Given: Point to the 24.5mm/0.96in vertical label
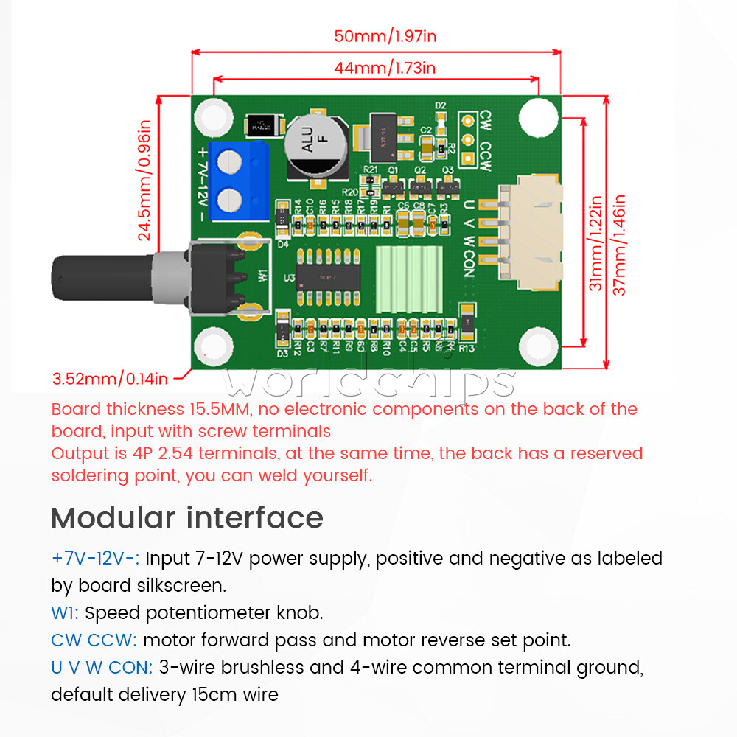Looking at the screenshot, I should (144, 181).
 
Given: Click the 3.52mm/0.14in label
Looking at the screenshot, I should (110, 380).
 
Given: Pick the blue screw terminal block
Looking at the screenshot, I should (237, 180).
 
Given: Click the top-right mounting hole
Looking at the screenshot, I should (537, 116).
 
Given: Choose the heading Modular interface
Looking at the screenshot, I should (187, 518).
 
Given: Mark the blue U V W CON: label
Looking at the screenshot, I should (102, 667).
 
